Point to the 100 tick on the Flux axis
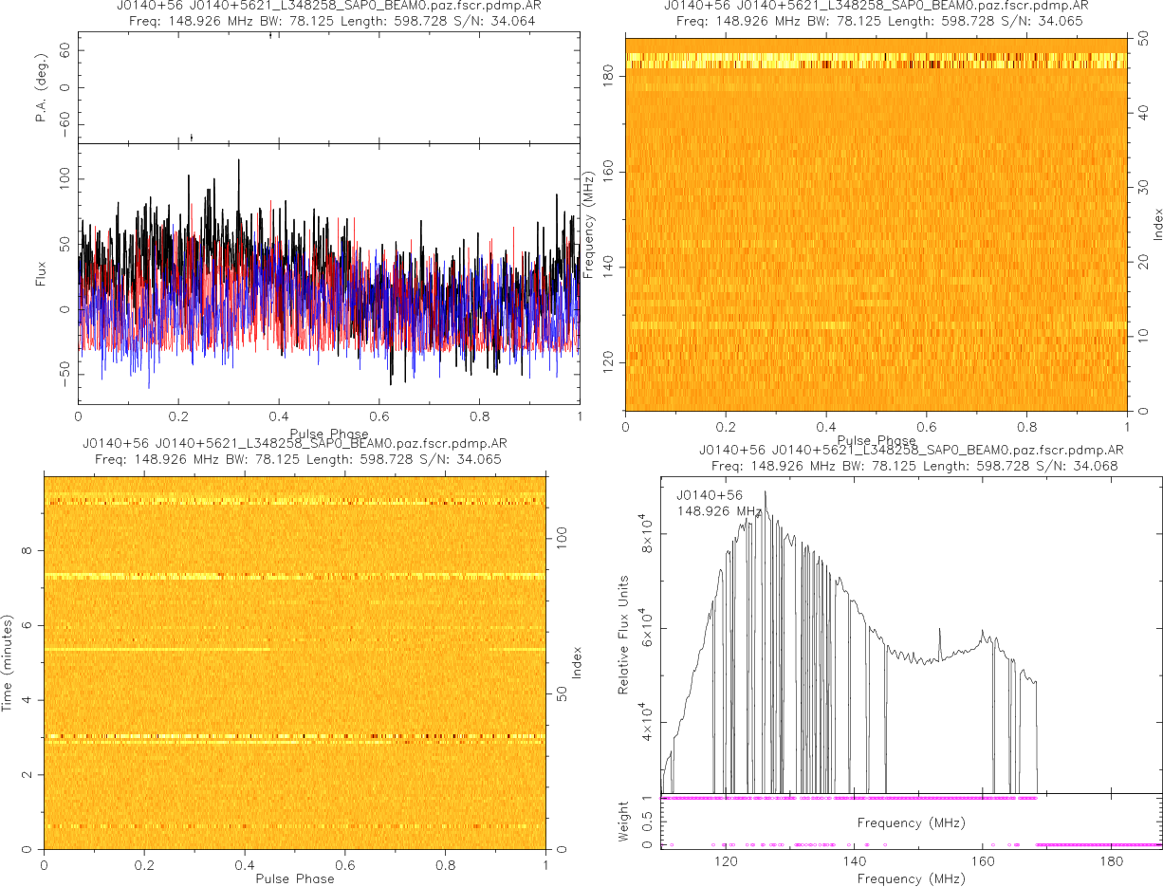(65, 178)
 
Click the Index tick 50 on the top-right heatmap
(1145, 40)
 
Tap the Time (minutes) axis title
(8, 661)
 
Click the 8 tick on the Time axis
(29, 550)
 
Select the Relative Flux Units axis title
(624, 634)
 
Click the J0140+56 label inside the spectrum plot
(710, 494)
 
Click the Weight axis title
(624, 822)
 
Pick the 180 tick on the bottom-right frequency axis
(1110, 863)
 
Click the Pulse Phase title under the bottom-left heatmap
(295, 878)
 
